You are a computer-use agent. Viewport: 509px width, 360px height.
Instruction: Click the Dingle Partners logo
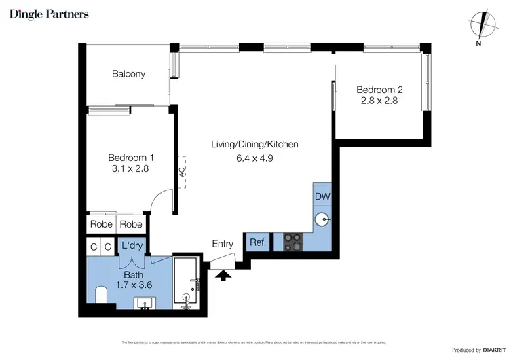point(49,14)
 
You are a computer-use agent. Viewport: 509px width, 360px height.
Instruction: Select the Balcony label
point(128,74)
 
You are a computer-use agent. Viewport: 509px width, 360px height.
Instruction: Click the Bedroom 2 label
point(380,89)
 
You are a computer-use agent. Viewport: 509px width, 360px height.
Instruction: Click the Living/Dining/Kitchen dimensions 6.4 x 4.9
point(254,158)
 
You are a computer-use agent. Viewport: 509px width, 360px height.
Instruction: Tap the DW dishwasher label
point(322,196)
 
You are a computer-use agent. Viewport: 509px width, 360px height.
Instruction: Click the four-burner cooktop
point(293,242)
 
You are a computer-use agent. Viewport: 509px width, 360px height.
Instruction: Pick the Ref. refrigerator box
point(257,242)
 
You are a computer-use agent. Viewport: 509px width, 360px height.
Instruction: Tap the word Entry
point(223,244)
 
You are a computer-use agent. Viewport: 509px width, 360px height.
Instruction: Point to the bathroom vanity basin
point(145,302)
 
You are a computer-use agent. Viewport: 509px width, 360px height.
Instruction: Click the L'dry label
point(132,245)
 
